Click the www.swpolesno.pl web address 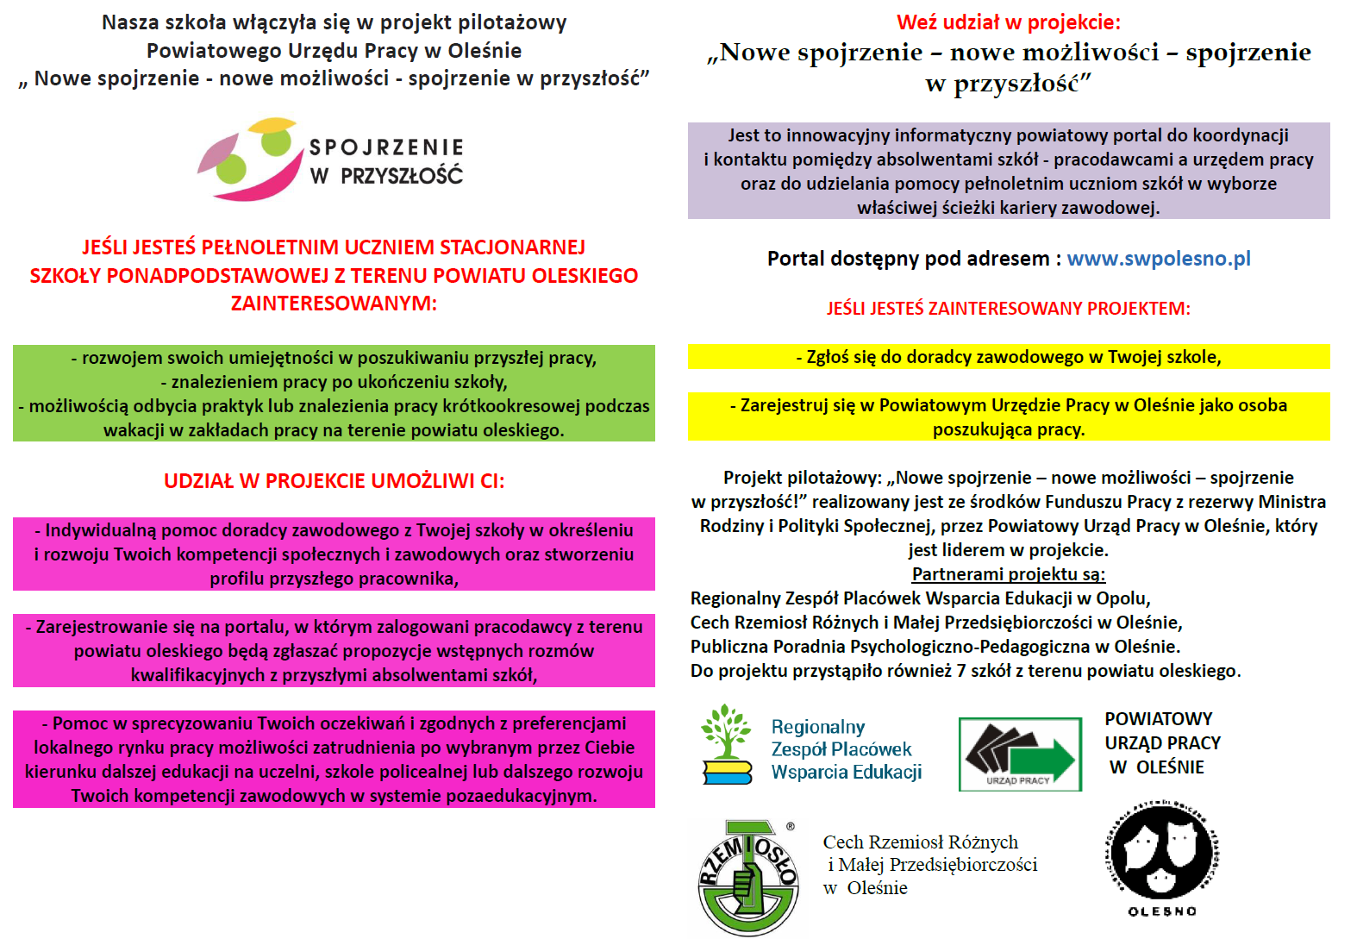click(1158, 259)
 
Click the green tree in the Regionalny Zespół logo click(726, 731)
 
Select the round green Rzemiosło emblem click(747, 878)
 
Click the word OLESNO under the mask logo click(1162, 911)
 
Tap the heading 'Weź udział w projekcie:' click(1009, 22)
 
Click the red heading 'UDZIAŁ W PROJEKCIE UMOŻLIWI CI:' click(334, 481)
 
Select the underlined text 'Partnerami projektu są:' click(1008, 574)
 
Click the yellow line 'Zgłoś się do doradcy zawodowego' click(1008, 357)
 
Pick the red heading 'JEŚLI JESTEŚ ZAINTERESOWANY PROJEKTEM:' click(1008, 309)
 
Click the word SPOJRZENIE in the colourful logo click(386, 147)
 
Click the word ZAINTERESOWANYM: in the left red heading click(334, 304)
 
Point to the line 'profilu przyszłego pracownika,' click(334, 579)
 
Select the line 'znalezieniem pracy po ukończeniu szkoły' click(334, 382)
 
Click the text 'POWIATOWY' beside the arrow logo click(1158, 719)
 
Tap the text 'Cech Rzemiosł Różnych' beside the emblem click(920, 842)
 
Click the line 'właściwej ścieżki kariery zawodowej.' click(1008, 208)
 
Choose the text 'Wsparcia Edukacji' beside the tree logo click(846, 773)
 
